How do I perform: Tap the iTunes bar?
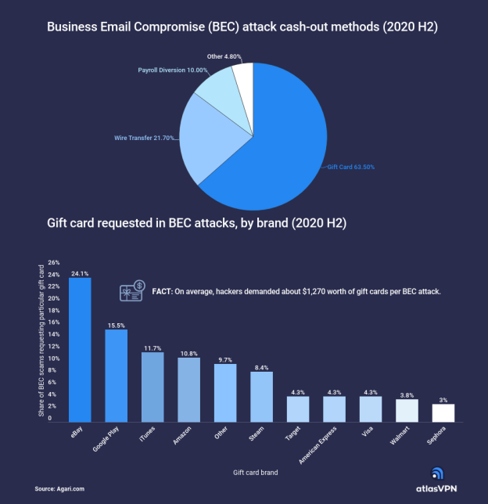click(x=152, y=387)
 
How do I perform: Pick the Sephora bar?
click(x=443, y=412)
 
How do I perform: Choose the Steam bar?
click(x=261, y=396)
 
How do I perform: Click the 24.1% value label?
click(x=80, y=273)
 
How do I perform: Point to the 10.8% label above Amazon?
click(x=188, y=353)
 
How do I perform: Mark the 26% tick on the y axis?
click(x=54, y=262)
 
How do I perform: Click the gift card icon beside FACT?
click(x=131, y=291)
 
